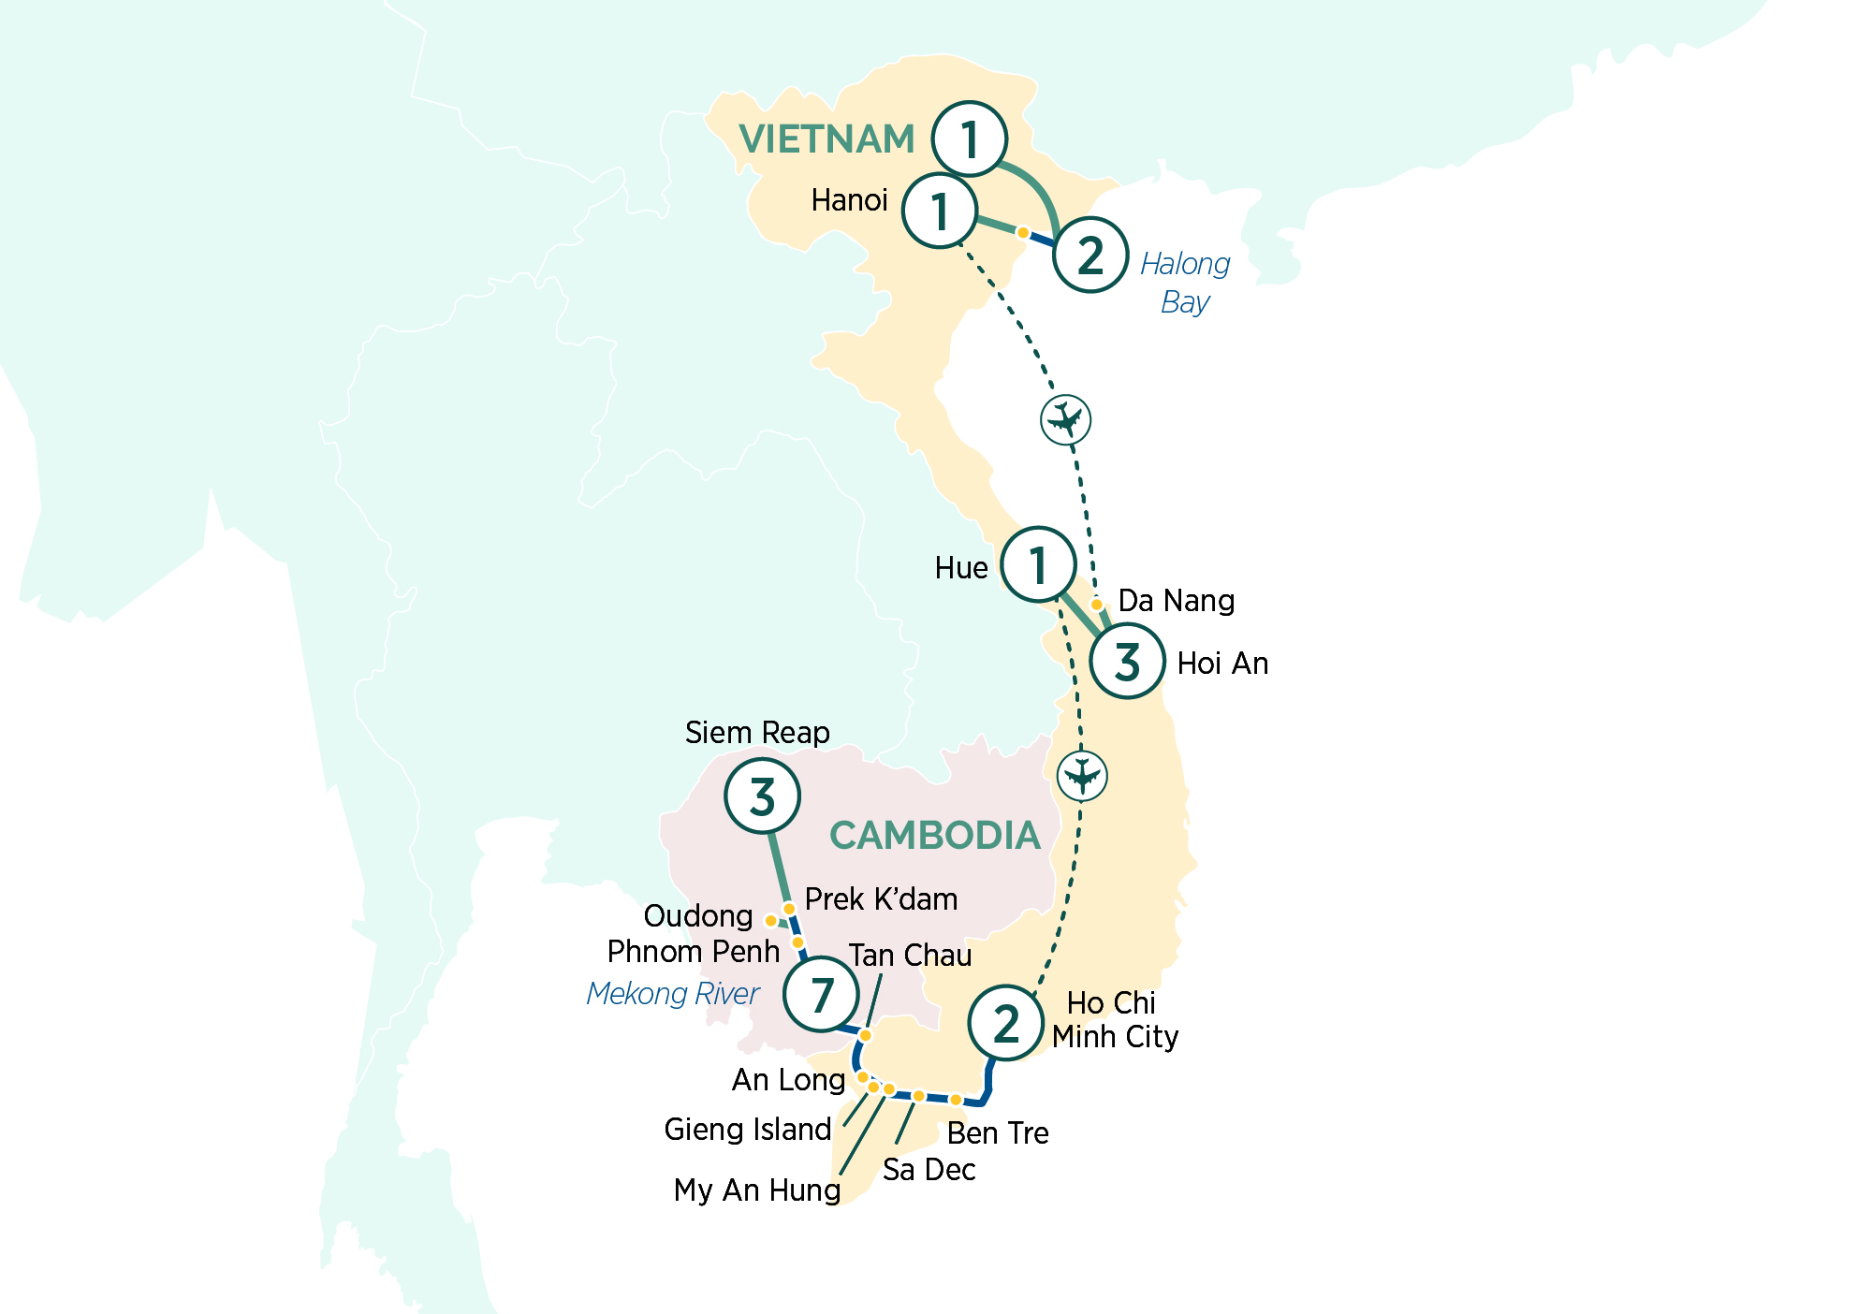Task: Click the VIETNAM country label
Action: pyautogui.click(x=826, y=139)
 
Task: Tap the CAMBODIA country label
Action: pyautogui.click(x=934, y=836)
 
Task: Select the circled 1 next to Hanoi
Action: pyautogui.click(x=940, y=211)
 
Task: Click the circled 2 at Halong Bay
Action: pyautogui.click(x=1090, y=255)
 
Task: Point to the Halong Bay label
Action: pyautogui.click(x=1185, y=283)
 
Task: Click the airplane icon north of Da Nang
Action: pyautogui.click(x=1065, y=419)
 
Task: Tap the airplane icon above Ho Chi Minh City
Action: pyautogui.click(x=1082, y=776)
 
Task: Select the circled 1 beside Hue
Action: pyautogui.click(x=1037, y=564)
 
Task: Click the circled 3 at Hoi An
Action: pyautogui.click(x=1127, y=661)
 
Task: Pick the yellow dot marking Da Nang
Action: pyautogui.click(x=1097, y=605)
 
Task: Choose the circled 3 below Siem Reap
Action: pyautogui.click(x=762, y=796)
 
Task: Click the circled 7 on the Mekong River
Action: pyautogui.click(x=821, y=994)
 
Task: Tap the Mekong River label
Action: pyautogui.click(x=672, y=994)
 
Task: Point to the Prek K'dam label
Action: pyautogui.click(x=881, y=899)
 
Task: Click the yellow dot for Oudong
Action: pyautogui.click(x=770, y=921)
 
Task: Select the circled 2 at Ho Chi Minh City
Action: pyautogui.click(x=1005, y=1023)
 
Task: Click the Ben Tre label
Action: pyautogui.click(x=997, y=1133)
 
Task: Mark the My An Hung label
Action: pyautogui.click(x=756, y=1190)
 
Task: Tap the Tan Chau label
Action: pyautogui.click(x=910, y=956)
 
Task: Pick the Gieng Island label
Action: pyautogui.click(x=747, y=1130)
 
